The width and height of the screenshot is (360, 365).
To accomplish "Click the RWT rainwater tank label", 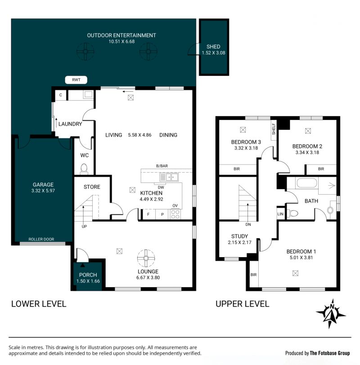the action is pyautogui.click(x=76, y=80).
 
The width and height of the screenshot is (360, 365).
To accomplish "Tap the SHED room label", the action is pyautogui.click(x=213, y=47).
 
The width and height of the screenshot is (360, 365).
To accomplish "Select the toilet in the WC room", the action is pyautogui.click(x=84, y=168).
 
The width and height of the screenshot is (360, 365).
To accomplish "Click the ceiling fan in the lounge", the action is pyautogui.click(x=146, y=258).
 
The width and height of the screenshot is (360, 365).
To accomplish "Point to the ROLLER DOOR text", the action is pyautogui.click(x=41, y=239).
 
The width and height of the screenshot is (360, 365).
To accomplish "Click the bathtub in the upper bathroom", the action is pyautogui.click(x=306, y=183).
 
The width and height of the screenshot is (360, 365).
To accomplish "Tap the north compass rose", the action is pyautogui.click(x=331, y=314).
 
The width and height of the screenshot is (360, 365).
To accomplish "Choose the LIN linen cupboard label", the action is pyautogui.click(x=280, y=214).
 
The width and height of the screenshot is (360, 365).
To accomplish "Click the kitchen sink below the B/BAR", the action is pyautogui.click(x=169, y=177).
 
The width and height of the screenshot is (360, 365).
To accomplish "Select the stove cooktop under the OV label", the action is pyautogui.click(x=175, y=214).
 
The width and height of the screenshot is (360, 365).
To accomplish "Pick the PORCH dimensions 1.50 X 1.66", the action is pyautogui.click(x=88, y=281).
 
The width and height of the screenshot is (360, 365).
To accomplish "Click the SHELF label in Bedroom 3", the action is pyautogui.click(x=274, y=129).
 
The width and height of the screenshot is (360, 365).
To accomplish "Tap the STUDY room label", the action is pyautogui.click(x=239, y=236).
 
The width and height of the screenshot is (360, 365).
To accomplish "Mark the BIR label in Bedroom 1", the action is pyautogui.click(x=253, y=275).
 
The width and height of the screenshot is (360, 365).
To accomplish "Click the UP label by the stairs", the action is pyautogui.click(x=84, y=227).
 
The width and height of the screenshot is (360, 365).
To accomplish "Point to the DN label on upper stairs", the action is pyautogui.click(x=248, y=225).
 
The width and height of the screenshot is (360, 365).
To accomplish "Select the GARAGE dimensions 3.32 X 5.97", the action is pyautogui.click(x=43, y=191).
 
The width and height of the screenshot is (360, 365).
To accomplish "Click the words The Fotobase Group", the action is pyautogui.click(x=330, y=353).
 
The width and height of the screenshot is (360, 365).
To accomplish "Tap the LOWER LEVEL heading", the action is pyautogui.click(x=39, y=304).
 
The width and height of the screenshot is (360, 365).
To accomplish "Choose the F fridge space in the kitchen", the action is pyautogui.click(x=148, y=214).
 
